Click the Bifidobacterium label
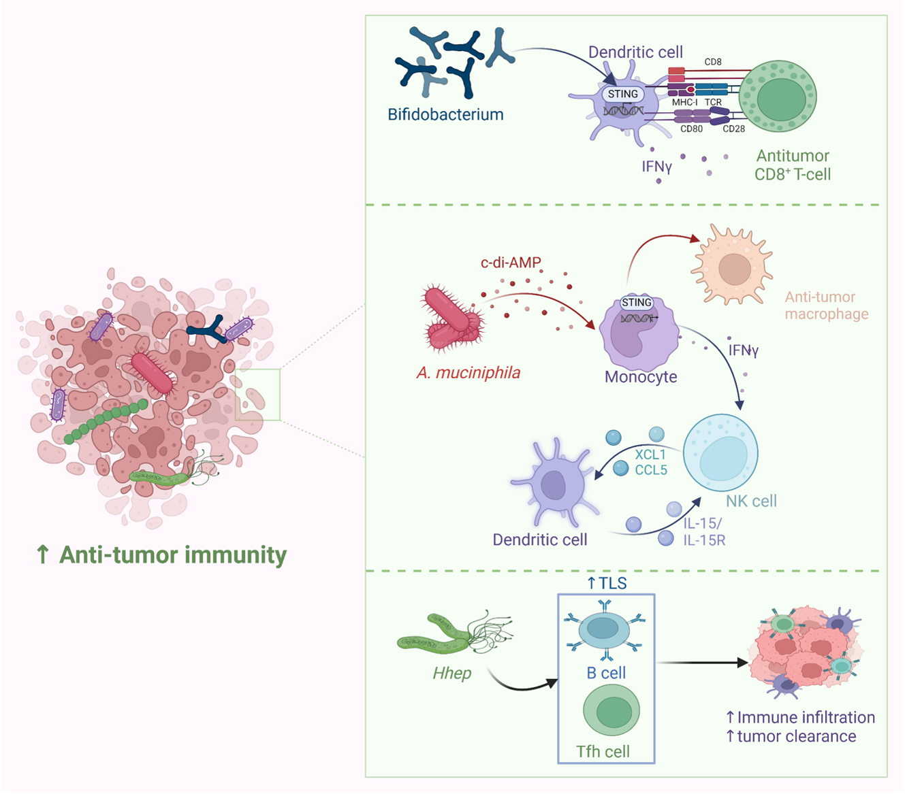click(445, 115)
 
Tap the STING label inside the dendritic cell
click(622, 94)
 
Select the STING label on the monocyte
click(637, 303)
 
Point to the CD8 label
click(713, 62)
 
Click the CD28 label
click(734, 129)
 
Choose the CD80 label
click(691, 129)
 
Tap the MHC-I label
click(684, 102)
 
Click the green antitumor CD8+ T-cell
click(778, 97)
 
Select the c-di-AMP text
click(511, 263)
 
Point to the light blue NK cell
click(720, 453)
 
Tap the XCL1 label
click(650, 454)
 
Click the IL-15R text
click(704, 540)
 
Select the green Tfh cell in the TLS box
click(612, 710)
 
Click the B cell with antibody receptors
click(604, 630)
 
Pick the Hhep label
click(452, 673)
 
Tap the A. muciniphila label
click(468, 373)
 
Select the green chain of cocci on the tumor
click(106, 421)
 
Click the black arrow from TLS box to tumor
click(702, 663)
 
